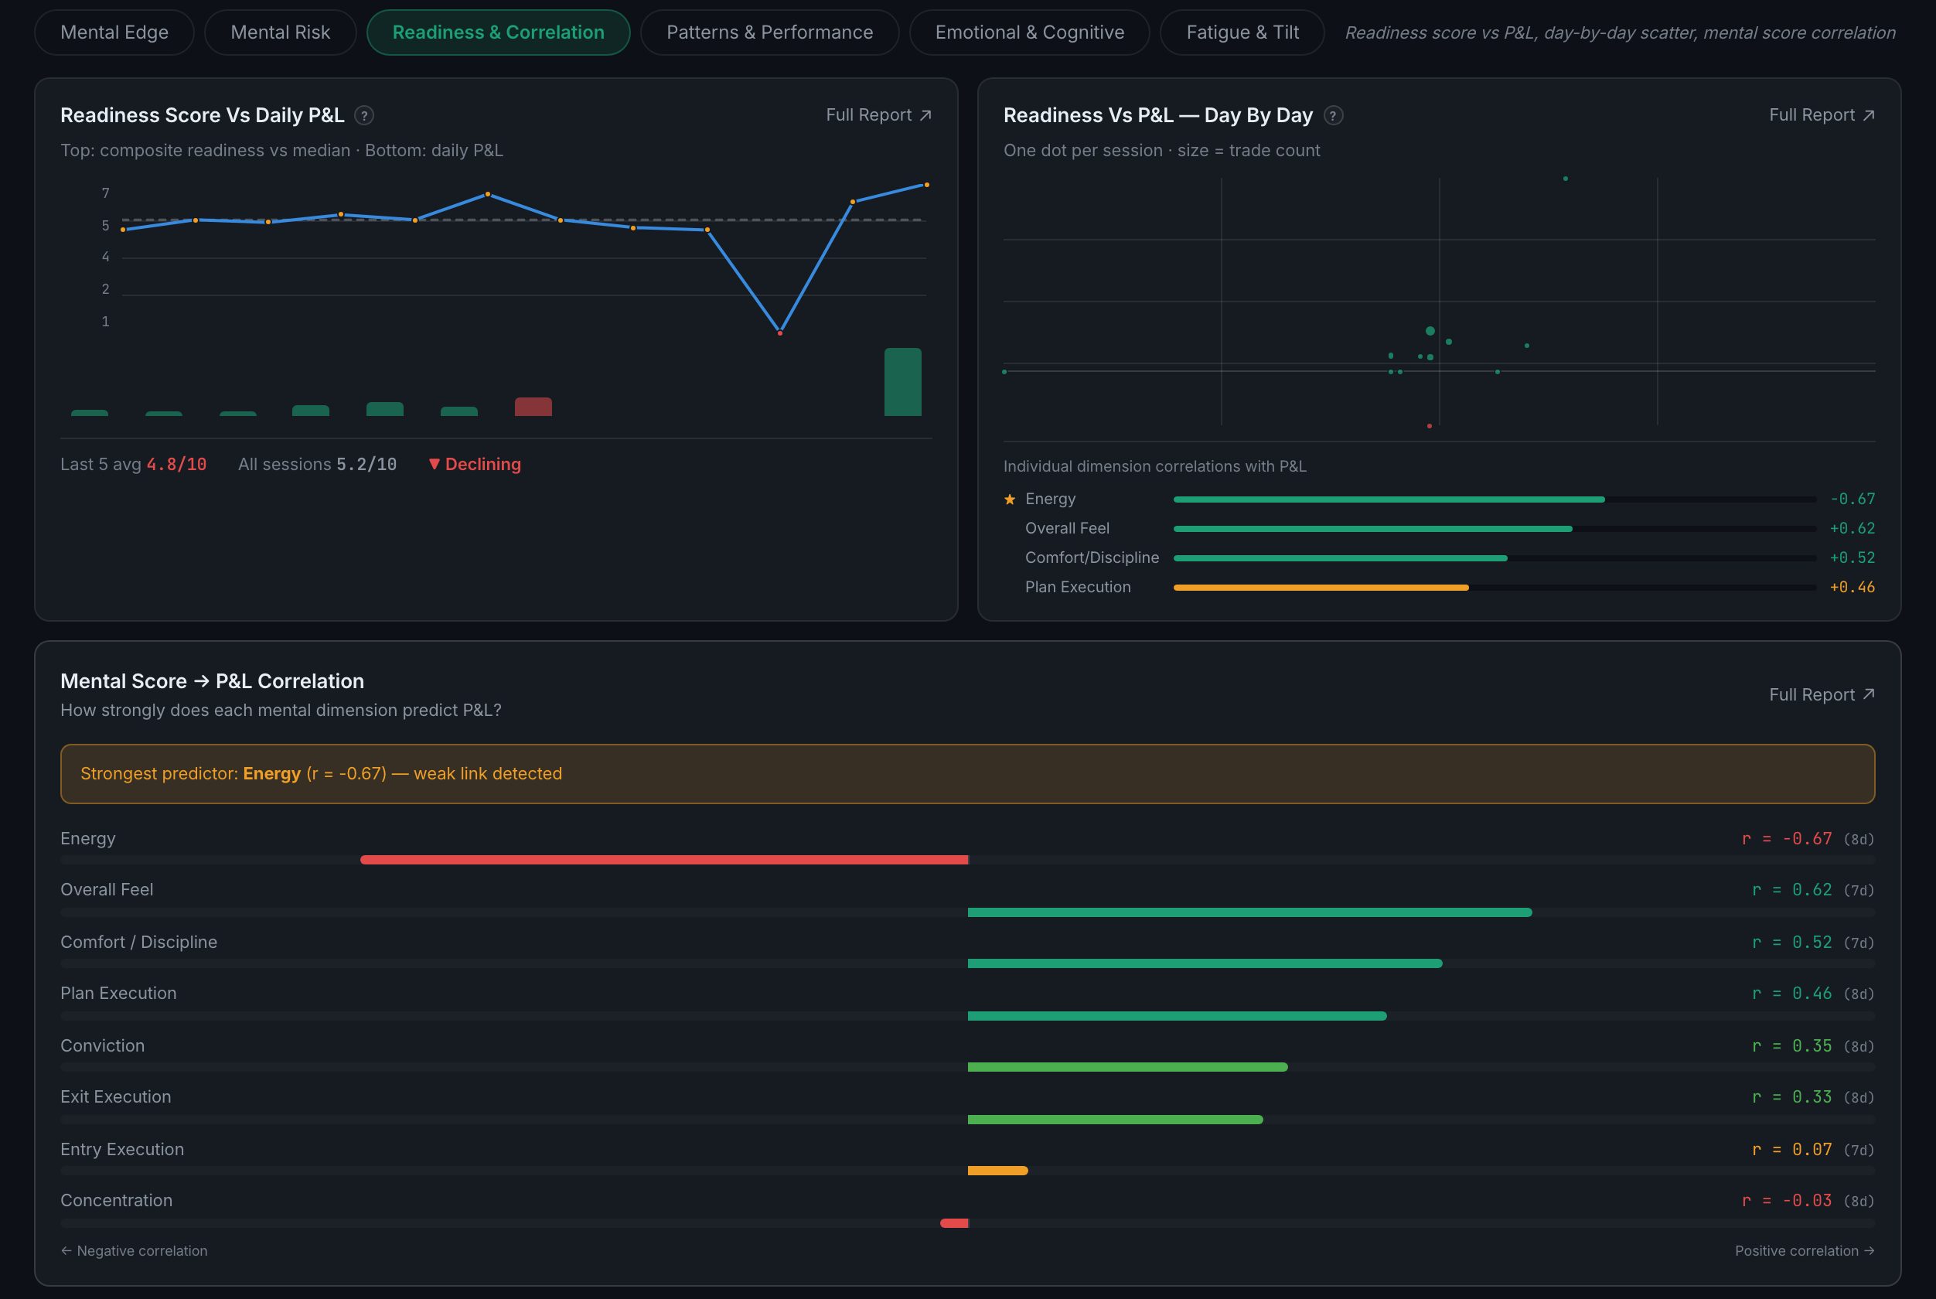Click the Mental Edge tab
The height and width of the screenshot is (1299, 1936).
coord(114,32)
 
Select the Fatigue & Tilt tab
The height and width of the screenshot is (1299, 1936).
coord(1242,32)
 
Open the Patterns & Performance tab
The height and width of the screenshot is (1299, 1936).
coord(769,32)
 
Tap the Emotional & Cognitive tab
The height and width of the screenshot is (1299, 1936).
coord(1029,32)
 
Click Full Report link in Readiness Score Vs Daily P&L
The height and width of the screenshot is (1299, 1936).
coord(878,115)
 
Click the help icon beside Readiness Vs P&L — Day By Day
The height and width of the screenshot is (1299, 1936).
coord(1333,115)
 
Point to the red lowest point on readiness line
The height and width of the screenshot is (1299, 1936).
coord(779,333)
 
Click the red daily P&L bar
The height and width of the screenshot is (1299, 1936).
coord(533,407)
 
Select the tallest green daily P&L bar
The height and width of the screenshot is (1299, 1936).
coord(902,382)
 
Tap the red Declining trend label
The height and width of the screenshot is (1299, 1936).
coord(475,464)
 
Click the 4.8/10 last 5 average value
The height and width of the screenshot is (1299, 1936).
coord(176,464)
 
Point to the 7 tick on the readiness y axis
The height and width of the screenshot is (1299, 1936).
coord(105,193)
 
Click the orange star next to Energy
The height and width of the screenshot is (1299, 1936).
coord(1010,499)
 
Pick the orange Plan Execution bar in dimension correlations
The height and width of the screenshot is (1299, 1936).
coord(1321,588)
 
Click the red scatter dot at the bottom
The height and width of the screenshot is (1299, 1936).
coord(1429,426)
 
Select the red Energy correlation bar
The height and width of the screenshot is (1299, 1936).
coord(664,860)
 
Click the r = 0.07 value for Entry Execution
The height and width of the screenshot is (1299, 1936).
coord(1792,1149)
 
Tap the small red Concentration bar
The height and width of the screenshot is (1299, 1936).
coord(954,1222)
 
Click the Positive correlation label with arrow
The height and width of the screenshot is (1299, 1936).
coord(1805,1251)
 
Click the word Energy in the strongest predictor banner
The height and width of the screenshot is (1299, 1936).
coord(271,774)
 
